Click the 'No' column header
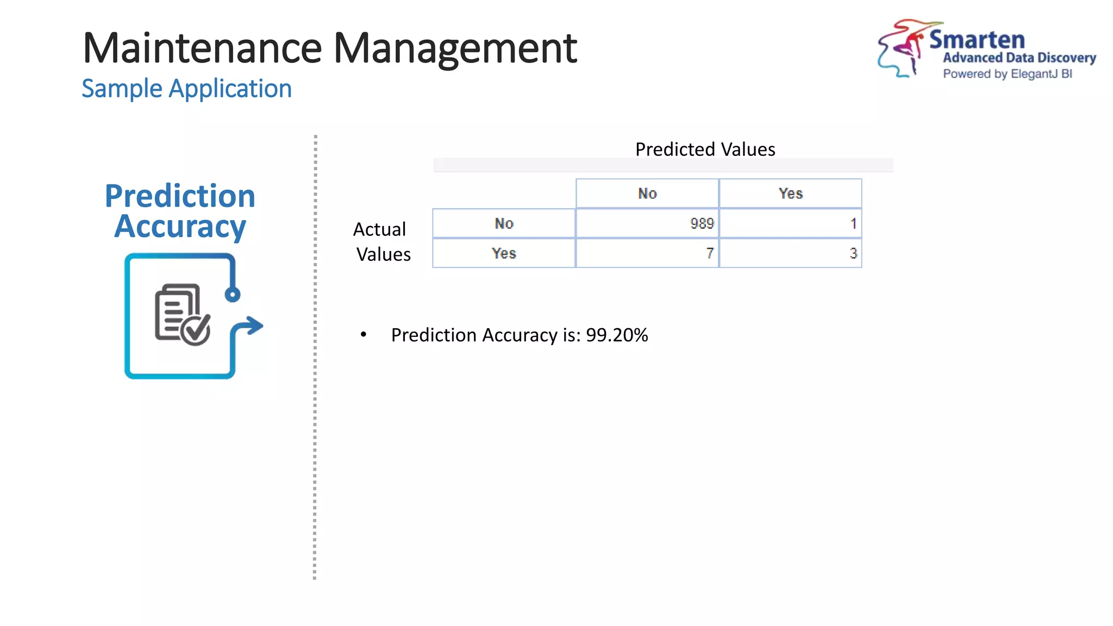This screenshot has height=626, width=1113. (647, 193)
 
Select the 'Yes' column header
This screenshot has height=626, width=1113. (790, 193)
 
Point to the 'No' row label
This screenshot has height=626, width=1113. (504, 223)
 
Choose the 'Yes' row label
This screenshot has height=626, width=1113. (504, 253)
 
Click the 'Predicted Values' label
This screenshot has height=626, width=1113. (705, 149)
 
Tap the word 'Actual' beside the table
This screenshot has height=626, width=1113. (379, 229)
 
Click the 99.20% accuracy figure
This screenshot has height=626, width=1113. (617, 335)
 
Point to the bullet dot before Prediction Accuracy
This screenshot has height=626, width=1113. (364, 335)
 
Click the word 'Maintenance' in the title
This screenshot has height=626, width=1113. (202, 48)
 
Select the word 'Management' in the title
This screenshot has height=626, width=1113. (455, 48)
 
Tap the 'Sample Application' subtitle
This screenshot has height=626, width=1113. (186, 89)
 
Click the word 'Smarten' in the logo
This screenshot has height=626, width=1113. (977, 40)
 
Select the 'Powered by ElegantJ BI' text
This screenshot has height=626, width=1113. (1007, 74)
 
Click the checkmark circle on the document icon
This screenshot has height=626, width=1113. (196, 329)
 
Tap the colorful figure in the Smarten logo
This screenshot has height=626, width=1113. (902, 48)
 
